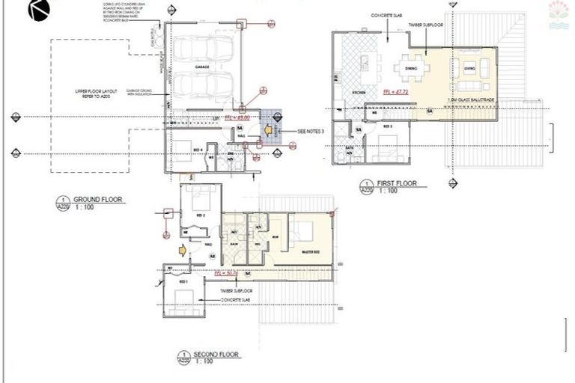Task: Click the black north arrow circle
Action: click(39, 10)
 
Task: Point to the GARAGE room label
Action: click(203, 67)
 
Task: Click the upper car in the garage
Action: click(204, 50)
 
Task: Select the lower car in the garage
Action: click(204, 85)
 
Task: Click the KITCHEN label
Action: click(358, 92)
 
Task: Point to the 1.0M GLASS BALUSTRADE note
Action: click(466, 99)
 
